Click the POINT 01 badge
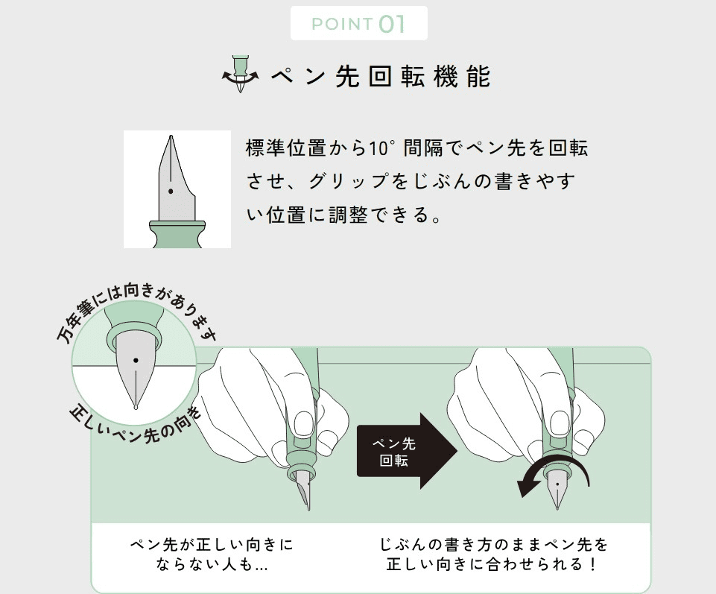(358, 23)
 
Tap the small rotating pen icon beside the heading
(240, 74)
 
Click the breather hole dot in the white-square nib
(171, 192)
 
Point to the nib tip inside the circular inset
(135, 406)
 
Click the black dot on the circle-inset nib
(135, 361)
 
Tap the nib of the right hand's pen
(557, 491)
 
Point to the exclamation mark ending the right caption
(594, 565)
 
